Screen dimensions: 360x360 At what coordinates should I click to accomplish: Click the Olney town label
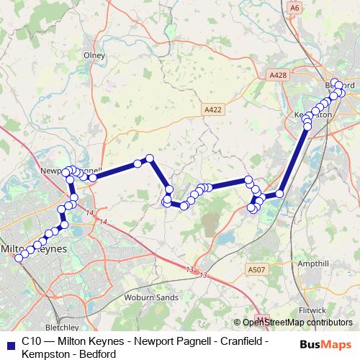coord(94,55)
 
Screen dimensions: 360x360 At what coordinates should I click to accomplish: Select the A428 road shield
coord(276,74)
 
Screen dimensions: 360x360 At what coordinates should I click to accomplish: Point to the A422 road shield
coord(210,109)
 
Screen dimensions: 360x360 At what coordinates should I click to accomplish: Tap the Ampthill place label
coord(312,264)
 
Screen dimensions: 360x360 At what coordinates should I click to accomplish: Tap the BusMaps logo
coord(328,344)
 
